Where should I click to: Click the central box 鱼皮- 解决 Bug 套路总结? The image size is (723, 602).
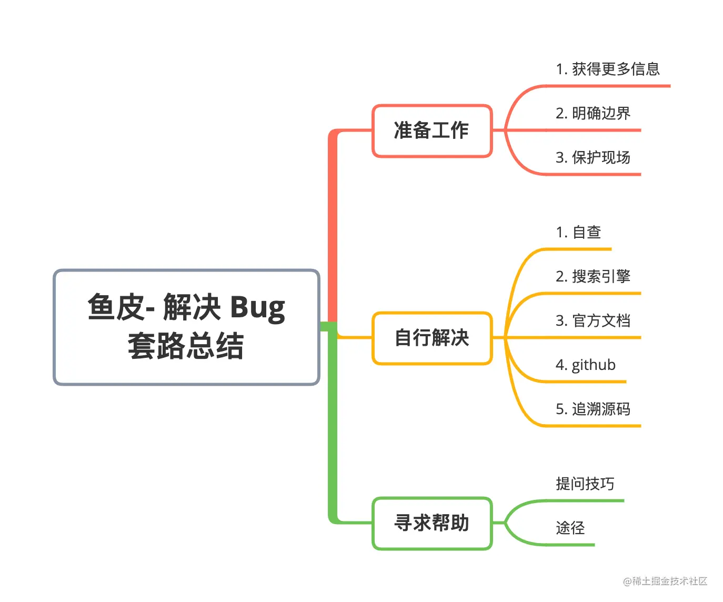click(186, 327)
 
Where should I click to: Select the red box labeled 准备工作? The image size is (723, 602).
click(431, 131)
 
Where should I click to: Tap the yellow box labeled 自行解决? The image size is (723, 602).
click(431, 338)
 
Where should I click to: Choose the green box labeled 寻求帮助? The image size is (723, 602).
click(431, 523)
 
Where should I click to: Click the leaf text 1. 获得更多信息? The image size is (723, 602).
click(607, 69)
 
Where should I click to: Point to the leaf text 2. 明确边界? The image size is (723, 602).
click(593, 113)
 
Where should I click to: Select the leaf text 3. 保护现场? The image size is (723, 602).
click(593, 157)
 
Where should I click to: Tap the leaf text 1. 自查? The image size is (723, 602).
click(578, 232)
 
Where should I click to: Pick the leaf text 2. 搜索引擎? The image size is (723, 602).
click(593, 276)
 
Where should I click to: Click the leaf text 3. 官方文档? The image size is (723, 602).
click(593, 320)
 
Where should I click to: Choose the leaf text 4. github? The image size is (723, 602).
click(585, 365)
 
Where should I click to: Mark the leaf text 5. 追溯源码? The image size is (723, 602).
click(593, 409)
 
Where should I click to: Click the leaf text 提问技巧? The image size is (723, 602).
click(585, 484)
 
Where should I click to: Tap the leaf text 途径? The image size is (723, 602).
click(570, 528)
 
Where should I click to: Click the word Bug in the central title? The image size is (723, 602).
click(257, 308)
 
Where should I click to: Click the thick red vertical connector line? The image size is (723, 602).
click(333, 226)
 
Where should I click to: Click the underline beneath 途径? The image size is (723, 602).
click(571, 545)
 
